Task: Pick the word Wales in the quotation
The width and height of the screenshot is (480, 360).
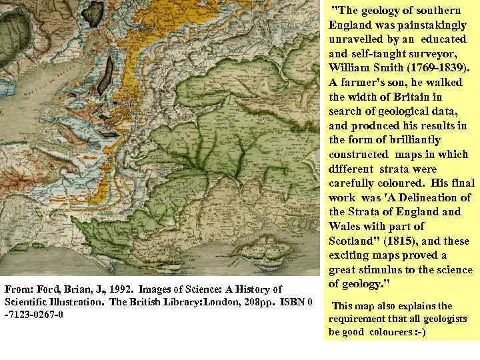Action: pyautogui.click(x=350, y=225)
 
